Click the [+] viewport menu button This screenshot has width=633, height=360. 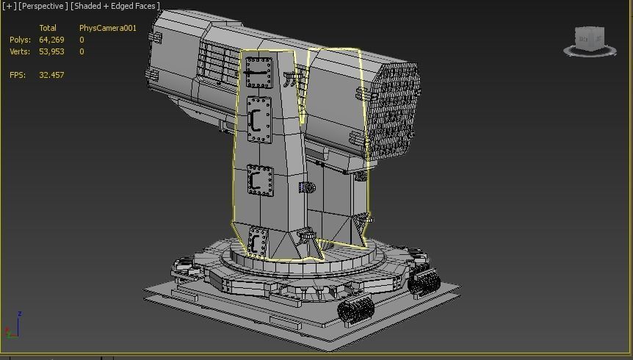pos(9,6)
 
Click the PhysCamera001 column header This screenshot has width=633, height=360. pos(108,28)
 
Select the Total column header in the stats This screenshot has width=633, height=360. pos(48,28)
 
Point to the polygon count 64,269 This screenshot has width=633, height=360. pos(51,40)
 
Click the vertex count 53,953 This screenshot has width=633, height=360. pos(51,51)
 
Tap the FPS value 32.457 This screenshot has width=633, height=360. pos(51,75)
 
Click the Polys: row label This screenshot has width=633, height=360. pos(20,40)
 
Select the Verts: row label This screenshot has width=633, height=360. pos(20,51)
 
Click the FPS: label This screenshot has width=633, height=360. pos(18,75)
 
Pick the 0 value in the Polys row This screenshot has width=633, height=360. pos(82,40)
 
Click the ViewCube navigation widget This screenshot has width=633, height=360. pos(590,41)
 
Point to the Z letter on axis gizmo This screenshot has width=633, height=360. pos(19,314)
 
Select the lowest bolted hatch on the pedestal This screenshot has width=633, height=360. pos(257,242)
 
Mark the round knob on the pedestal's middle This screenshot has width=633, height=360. pos(307,188)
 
